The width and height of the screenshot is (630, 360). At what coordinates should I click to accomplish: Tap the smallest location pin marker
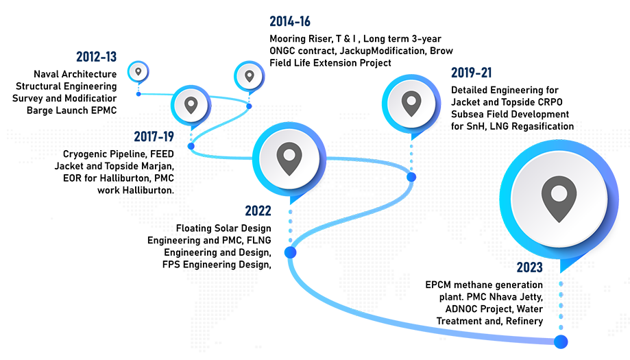[x=138, y=71]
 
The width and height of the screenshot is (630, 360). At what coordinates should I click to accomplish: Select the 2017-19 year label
[x=154, y=136]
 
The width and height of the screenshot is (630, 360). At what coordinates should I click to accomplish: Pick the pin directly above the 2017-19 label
[x=191, y=105]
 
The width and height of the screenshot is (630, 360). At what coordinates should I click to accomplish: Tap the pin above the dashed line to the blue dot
[x=411, y=104]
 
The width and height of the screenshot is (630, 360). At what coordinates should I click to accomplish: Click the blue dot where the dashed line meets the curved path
[x=411, y=177]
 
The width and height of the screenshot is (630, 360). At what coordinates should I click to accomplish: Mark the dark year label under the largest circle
[x=531, y=268]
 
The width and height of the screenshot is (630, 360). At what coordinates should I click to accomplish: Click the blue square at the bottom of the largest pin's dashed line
[x=562, y=341]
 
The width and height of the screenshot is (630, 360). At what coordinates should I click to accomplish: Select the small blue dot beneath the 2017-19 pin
[x=191, y=146]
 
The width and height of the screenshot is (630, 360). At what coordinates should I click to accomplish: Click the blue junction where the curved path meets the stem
[x=283, y=251]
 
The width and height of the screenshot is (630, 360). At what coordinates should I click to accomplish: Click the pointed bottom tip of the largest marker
[x=560, y=263]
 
